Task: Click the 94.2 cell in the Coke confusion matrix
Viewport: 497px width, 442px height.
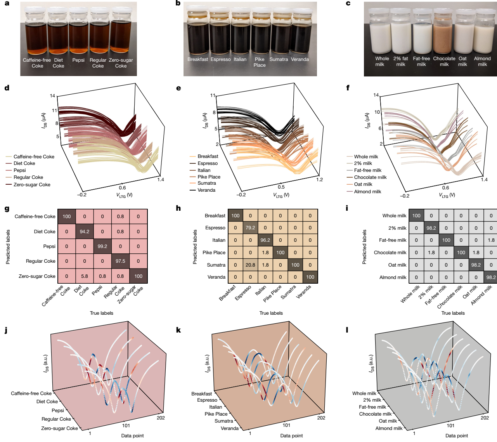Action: pos(85,231)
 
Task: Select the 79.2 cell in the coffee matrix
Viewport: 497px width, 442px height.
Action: pos(250,227)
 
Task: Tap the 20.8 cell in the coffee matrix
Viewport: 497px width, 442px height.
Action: pos(250,265)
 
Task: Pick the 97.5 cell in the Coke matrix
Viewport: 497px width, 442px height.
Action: pos(120,261)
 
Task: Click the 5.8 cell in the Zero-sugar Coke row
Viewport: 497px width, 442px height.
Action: pos(85,276)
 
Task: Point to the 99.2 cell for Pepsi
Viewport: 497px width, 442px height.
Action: pos(102,246)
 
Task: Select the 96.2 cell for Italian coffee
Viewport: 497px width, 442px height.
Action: pos(265,240)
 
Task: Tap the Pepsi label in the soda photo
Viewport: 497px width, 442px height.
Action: pos(78,60)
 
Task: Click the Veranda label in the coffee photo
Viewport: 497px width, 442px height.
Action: pos(300,59)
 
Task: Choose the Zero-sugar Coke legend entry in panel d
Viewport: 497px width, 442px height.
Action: pos(28,185)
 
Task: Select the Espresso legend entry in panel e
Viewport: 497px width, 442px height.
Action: pos(204,163)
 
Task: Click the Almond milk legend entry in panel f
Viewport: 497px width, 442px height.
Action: pos(364,191)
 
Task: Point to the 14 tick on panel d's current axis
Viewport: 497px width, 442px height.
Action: pos(52,96)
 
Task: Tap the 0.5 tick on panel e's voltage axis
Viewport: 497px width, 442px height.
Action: pos(281,187)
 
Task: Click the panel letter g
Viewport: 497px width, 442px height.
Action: pos(7,209)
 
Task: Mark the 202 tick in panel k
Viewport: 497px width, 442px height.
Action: pos(321,418)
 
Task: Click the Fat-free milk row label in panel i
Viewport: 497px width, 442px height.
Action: pos(393,240)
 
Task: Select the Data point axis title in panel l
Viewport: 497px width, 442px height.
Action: pos(457,436)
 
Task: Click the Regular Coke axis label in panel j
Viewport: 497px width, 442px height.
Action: pos(56,419)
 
